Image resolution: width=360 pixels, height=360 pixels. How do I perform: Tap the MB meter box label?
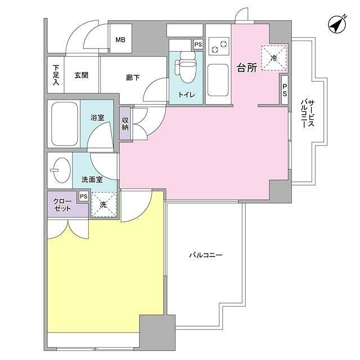[120, 40]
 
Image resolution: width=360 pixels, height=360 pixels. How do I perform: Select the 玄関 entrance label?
[81, 75]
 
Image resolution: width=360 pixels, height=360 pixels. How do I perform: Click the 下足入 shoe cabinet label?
[56, 74]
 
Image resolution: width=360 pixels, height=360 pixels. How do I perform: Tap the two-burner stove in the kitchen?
[218, 45]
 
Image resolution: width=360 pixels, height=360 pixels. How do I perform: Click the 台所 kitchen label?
[246, 68]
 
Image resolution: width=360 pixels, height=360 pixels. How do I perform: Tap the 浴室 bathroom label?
[97, 118]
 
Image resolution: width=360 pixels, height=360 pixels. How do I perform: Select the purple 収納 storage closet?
[125, 123]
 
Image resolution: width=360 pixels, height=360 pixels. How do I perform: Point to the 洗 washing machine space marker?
[103, 205]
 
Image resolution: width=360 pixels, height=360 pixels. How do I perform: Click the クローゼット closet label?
[62, 204]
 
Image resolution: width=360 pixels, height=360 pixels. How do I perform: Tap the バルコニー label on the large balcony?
[205, 255]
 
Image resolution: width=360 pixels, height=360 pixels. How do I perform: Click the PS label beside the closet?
[83, 196]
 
